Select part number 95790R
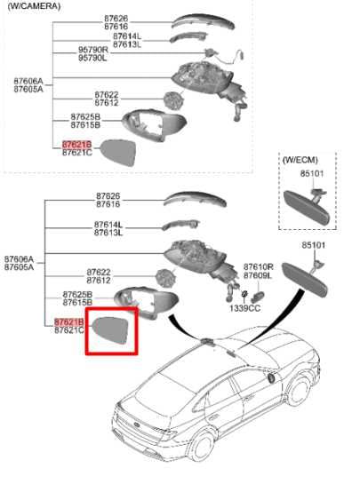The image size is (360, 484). (x=92, y=50)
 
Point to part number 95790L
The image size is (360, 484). (x=92, y=58)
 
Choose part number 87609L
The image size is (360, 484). (x=258, y=275)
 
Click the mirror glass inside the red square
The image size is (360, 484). (x=111, y=329)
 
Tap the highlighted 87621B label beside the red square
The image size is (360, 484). (x=68, y=321)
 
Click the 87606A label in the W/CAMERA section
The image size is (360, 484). (x=28, y=81)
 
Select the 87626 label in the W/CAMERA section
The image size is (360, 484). (x=116, y=19)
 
